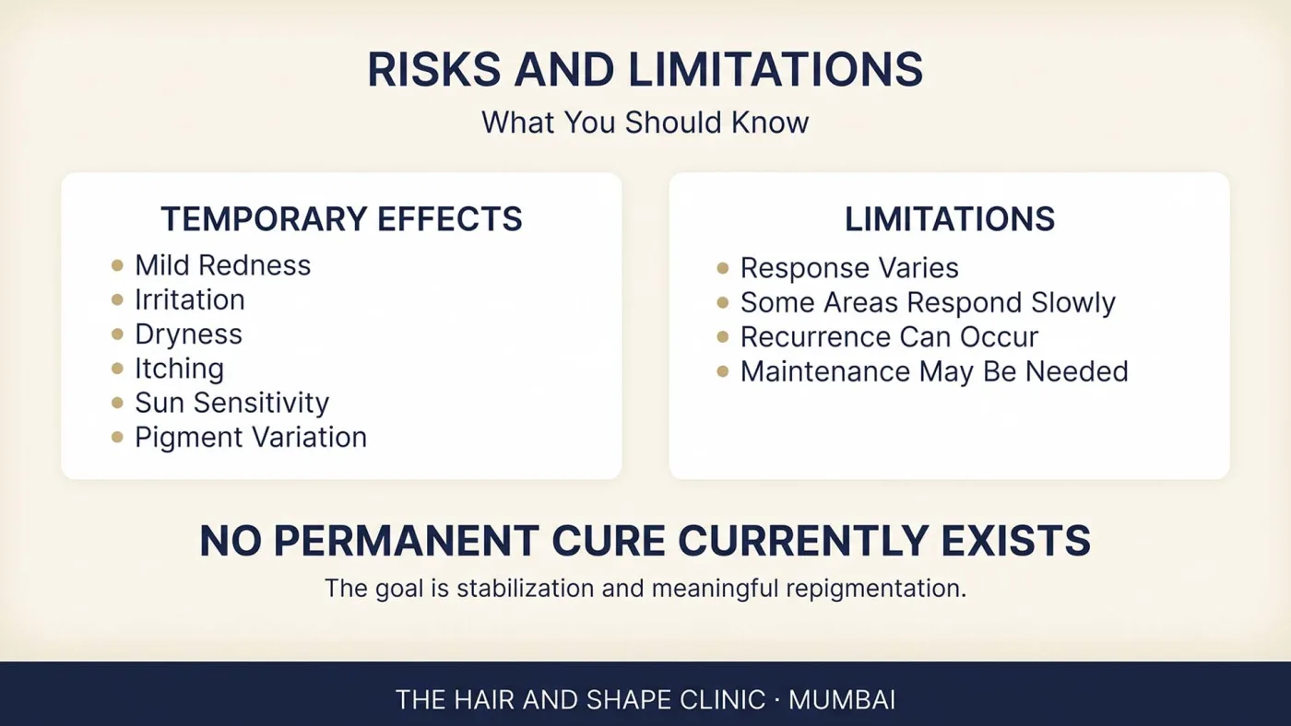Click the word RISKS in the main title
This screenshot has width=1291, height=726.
(x=434, y=70)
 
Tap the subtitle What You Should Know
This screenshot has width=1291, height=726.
(x=645, y=122)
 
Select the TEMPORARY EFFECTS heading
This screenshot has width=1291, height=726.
(x=342, y=218)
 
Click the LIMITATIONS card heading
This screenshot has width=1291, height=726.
(x=950, y=218)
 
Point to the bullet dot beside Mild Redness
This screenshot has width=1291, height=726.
(x=117, y=265)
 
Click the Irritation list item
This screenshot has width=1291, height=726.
(x=190, y=300)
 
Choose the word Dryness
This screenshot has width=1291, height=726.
(x=188, y=334)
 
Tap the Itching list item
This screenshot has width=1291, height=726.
(x=179, y=369)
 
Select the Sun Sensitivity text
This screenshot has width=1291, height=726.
(x=231, y=403)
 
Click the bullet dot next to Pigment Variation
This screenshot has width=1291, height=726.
(x=117, y=437)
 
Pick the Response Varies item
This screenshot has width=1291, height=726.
(x=849, y=268)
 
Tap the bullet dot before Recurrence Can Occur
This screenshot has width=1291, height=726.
(x=723, y=337)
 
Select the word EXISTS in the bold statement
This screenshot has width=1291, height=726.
(x=1015, y=541)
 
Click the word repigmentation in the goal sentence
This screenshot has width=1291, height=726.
(x=876, y=589)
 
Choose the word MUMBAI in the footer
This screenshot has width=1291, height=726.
(x=842, y=700)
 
